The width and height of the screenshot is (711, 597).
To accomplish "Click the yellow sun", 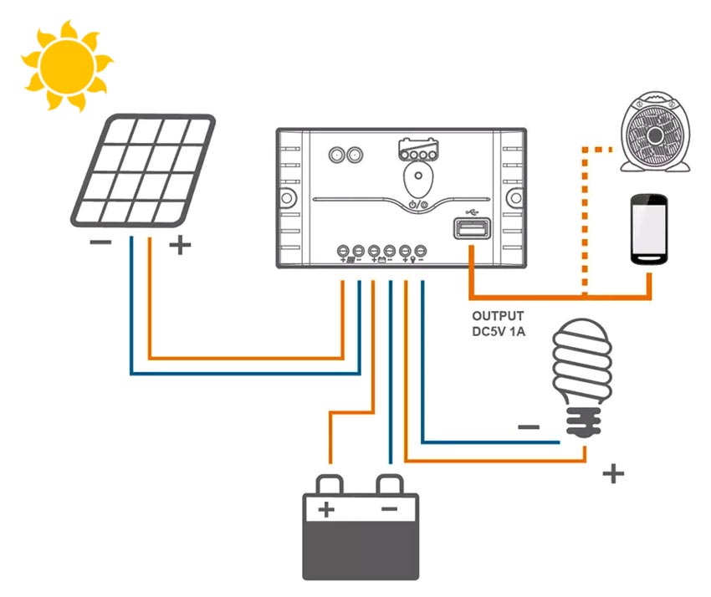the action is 67,66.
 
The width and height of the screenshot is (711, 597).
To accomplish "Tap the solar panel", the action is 143,171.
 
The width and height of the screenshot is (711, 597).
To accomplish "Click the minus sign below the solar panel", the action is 100,242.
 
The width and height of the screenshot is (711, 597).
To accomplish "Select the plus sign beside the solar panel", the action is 180,245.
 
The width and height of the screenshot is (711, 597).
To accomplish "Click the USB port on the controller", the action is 473,228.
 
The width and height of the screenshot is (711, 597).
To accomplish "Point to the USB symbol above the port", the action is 473,212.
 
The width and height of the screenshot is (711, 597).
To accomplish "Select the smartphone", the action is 649,229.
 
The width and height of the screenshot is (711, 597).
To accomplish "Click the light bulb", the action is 583,377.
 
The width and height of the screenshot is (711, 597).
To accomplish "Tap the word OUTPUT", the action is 498,316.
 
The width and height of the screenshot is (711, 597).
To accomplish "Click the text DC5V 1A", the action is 499,331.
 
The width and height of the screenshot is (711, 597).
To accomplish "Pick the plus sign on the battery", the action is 326,509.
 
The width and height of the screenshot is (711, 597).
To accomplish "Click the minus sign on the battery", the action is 390,509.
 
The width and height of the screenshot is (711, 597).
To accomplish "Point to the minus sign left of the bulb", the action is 529,427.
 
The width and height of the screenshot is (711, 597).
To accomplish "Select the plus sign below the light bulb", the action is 613,474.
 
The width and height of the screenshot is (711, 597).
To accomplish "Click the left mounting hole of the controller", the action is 287,197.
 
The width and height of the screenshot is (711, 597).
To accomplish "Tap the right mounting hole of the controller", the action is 516,197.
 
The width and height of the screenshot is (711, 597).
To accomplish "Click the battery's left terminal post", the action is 330,485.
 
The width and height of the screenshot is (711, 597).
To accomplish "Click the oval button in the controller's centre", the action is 418,178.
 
